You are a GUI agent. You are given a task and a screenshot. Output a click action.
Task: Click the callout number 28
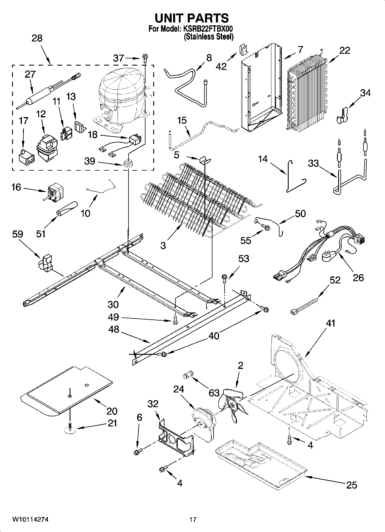point(37,38)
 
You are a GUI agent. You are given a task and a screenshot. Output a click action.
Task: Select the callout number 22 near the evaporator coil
point(344,50)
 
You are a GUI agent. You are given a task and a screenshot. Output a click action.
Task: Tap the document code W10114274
point(30,520)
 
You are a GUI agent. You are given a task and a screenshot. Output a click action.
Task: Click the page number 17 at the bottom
point(193,520)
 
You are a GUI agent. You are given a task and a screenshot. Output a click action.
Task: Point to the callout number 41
point(331,323)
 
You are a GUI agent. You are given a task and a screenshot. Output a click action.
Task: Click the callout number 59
point(17,234)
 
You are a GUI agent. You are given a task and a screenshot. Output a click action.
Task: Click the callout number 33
point(313,163)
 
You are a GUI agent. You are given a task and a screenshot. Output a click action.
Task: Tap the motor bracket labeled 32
point(176,437)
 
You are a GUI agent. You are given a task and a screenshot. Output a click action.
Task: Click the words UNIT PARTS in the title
point(192,18)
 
